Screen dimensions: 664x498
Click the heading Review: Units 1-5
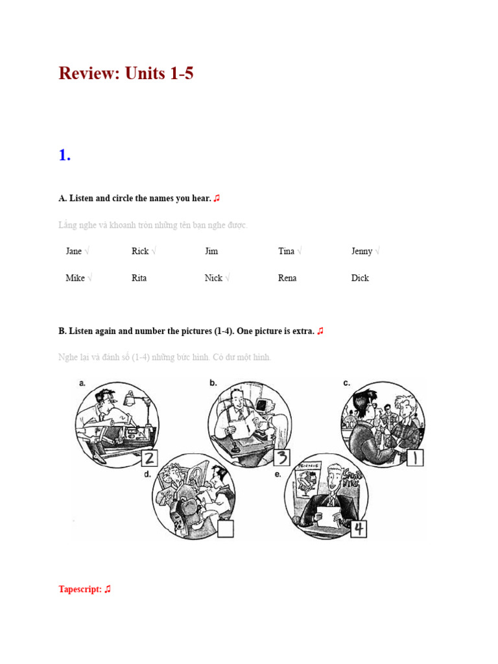(126, 74)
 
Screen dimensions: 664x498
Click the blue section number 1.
(64, 156)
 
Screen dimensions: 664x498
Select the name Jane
(73, 251)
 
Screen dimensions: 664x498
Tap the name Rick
(140, 251)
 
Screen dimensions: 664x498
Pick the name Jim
(211, 251)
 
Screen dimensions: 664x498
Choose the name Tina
(286, 251)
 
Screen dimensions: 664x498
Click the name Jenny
(362, 251)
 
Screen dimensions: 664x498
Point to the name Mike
(75, 278)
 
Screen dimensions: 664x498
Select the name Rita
(139, 278)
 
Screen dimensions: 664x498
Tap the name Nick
(213, 278)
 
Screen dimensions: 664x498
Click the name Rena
(287, 278)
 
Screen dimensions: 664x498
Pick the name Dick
(360, 278)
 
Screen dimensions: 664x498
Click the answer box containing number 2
(150, 458)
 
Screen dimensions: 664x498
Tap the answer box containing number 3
(281, 458)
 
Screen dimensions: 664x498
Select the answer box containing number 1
(415, 458)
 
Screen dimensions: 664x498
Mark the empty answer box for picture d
(225, 528)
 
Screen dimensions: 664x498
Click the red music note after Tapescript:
(108, 589)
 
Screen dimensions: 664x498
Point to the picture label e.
(278, 474)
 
